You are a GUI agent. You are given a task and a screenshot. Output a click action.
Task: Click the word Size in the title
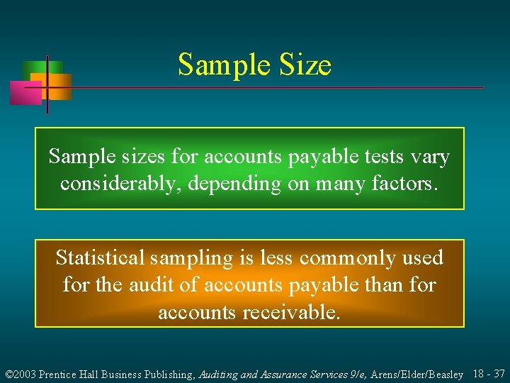tap(304, 65)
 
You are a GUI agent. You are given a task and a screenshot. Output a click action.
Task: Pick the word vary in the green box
tap(431, 157)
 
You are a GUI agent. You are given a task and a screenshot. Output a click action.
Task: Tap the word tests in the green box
tap(385, 157)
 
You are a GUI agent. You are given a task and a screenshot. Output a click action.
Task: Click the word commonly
tap(340, 257)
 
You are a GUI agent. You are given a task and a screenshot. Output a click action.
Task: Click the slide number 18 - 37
tap(489, 373)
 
